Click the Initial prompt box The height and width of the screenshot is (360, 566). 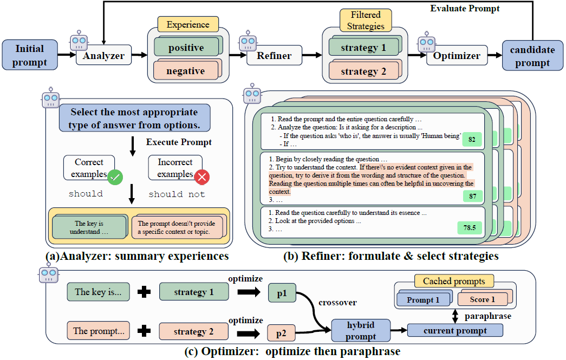(29, 55)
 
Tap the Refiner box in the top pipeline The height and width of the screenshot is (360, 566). (274, 55)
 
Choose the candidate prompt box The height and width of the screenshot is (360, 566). (532, 56)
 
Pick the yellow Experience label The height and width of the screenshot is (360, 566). (187, 24)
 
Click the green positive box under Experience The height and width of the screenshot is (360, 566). (186, 48)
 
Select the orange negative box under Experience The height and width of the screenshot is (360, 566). (186, 71)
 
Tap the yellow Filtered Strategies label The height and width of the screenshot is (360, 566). (366, 20)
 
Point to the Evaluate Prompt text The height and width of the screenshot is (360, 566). (465, 9)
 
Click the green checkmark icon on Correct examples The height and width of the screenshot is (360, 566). (115, 176)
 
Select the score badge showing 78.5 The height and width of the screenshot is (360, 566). (469, 227)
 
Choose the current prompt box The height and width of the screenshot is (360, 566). (454, 330)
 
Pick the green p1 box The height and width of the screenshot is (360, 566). (282, 292)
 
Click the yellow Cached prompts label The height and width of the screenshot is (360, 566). (454, 281)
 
